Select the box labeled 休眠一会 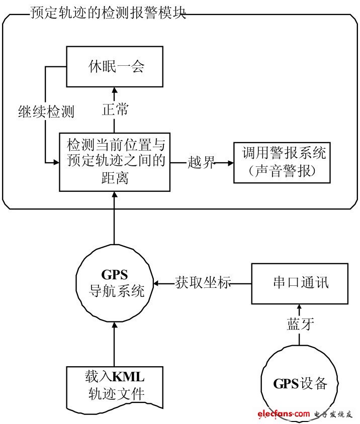coord(115,67)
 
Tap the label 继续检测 coord(45,112)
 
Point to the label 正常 coord(115,110)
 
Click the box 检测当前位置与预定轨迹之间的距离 coord(115,162)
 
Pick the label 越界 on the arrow coord(201,162)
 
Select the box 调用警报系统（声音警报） coord(284,162)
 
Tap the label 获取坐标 coord(203,283)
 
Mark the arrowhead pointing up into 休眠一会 coord(115,92)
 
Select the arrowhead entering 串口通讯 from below coord(300,307)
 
